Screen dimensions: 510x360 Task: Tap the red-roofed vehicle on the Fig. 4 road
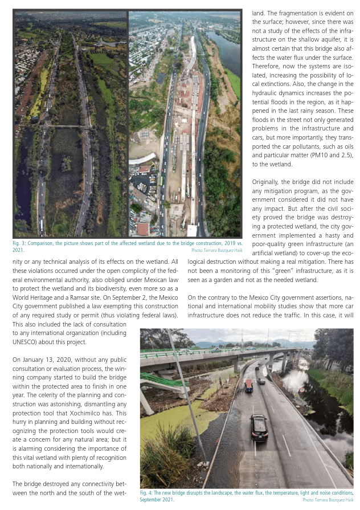pyautogui.click(x=248, y=385)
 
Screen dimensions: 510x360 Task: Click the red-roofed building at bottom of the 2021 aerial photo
pyautogui.click(x=142, y=229)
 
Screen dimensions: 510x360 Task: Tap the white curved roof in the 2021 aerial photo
pyautogui.click(x=142, y=158)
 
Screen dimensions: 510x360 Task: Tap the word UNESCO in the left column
pyautogui.click(x=28, y=342)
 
